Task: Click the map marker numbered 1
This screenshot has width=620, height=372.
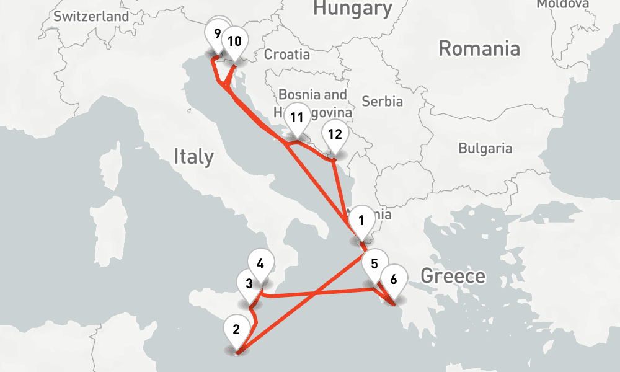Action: pos(361,221)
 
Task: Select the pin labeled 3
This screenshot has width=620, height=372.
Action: pos(249,285)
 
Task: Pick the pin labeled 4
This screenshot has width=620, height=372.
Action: pos(260,263)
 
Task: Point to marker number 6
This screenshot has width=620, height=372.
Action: pos(392,280)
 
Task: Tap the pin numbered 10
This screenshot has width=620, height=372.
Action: pos(234,42)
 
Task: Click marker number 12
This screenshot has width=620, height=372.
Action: pos(334,135)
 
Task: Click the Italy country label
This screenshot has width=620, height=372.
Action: pos(193,156)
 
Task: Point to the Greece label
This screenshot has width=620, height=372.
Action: pos(453,276)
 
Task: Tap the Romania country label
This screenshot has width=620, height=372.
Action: pos(479,48)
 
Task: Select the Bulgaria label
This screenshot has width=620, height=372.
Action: pos(485,148)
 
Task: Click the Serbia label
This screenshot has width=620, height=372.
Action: pos(382,101)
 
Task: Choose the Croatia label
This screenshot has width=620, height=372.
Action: pos(287,55)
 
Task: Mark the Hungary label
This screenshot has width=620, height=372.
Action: pos(352,9)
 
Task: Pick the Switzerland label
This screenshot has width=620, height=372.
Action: pos(91,17)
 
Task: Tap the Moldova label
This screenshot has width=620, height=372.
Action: pos(562,4)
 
